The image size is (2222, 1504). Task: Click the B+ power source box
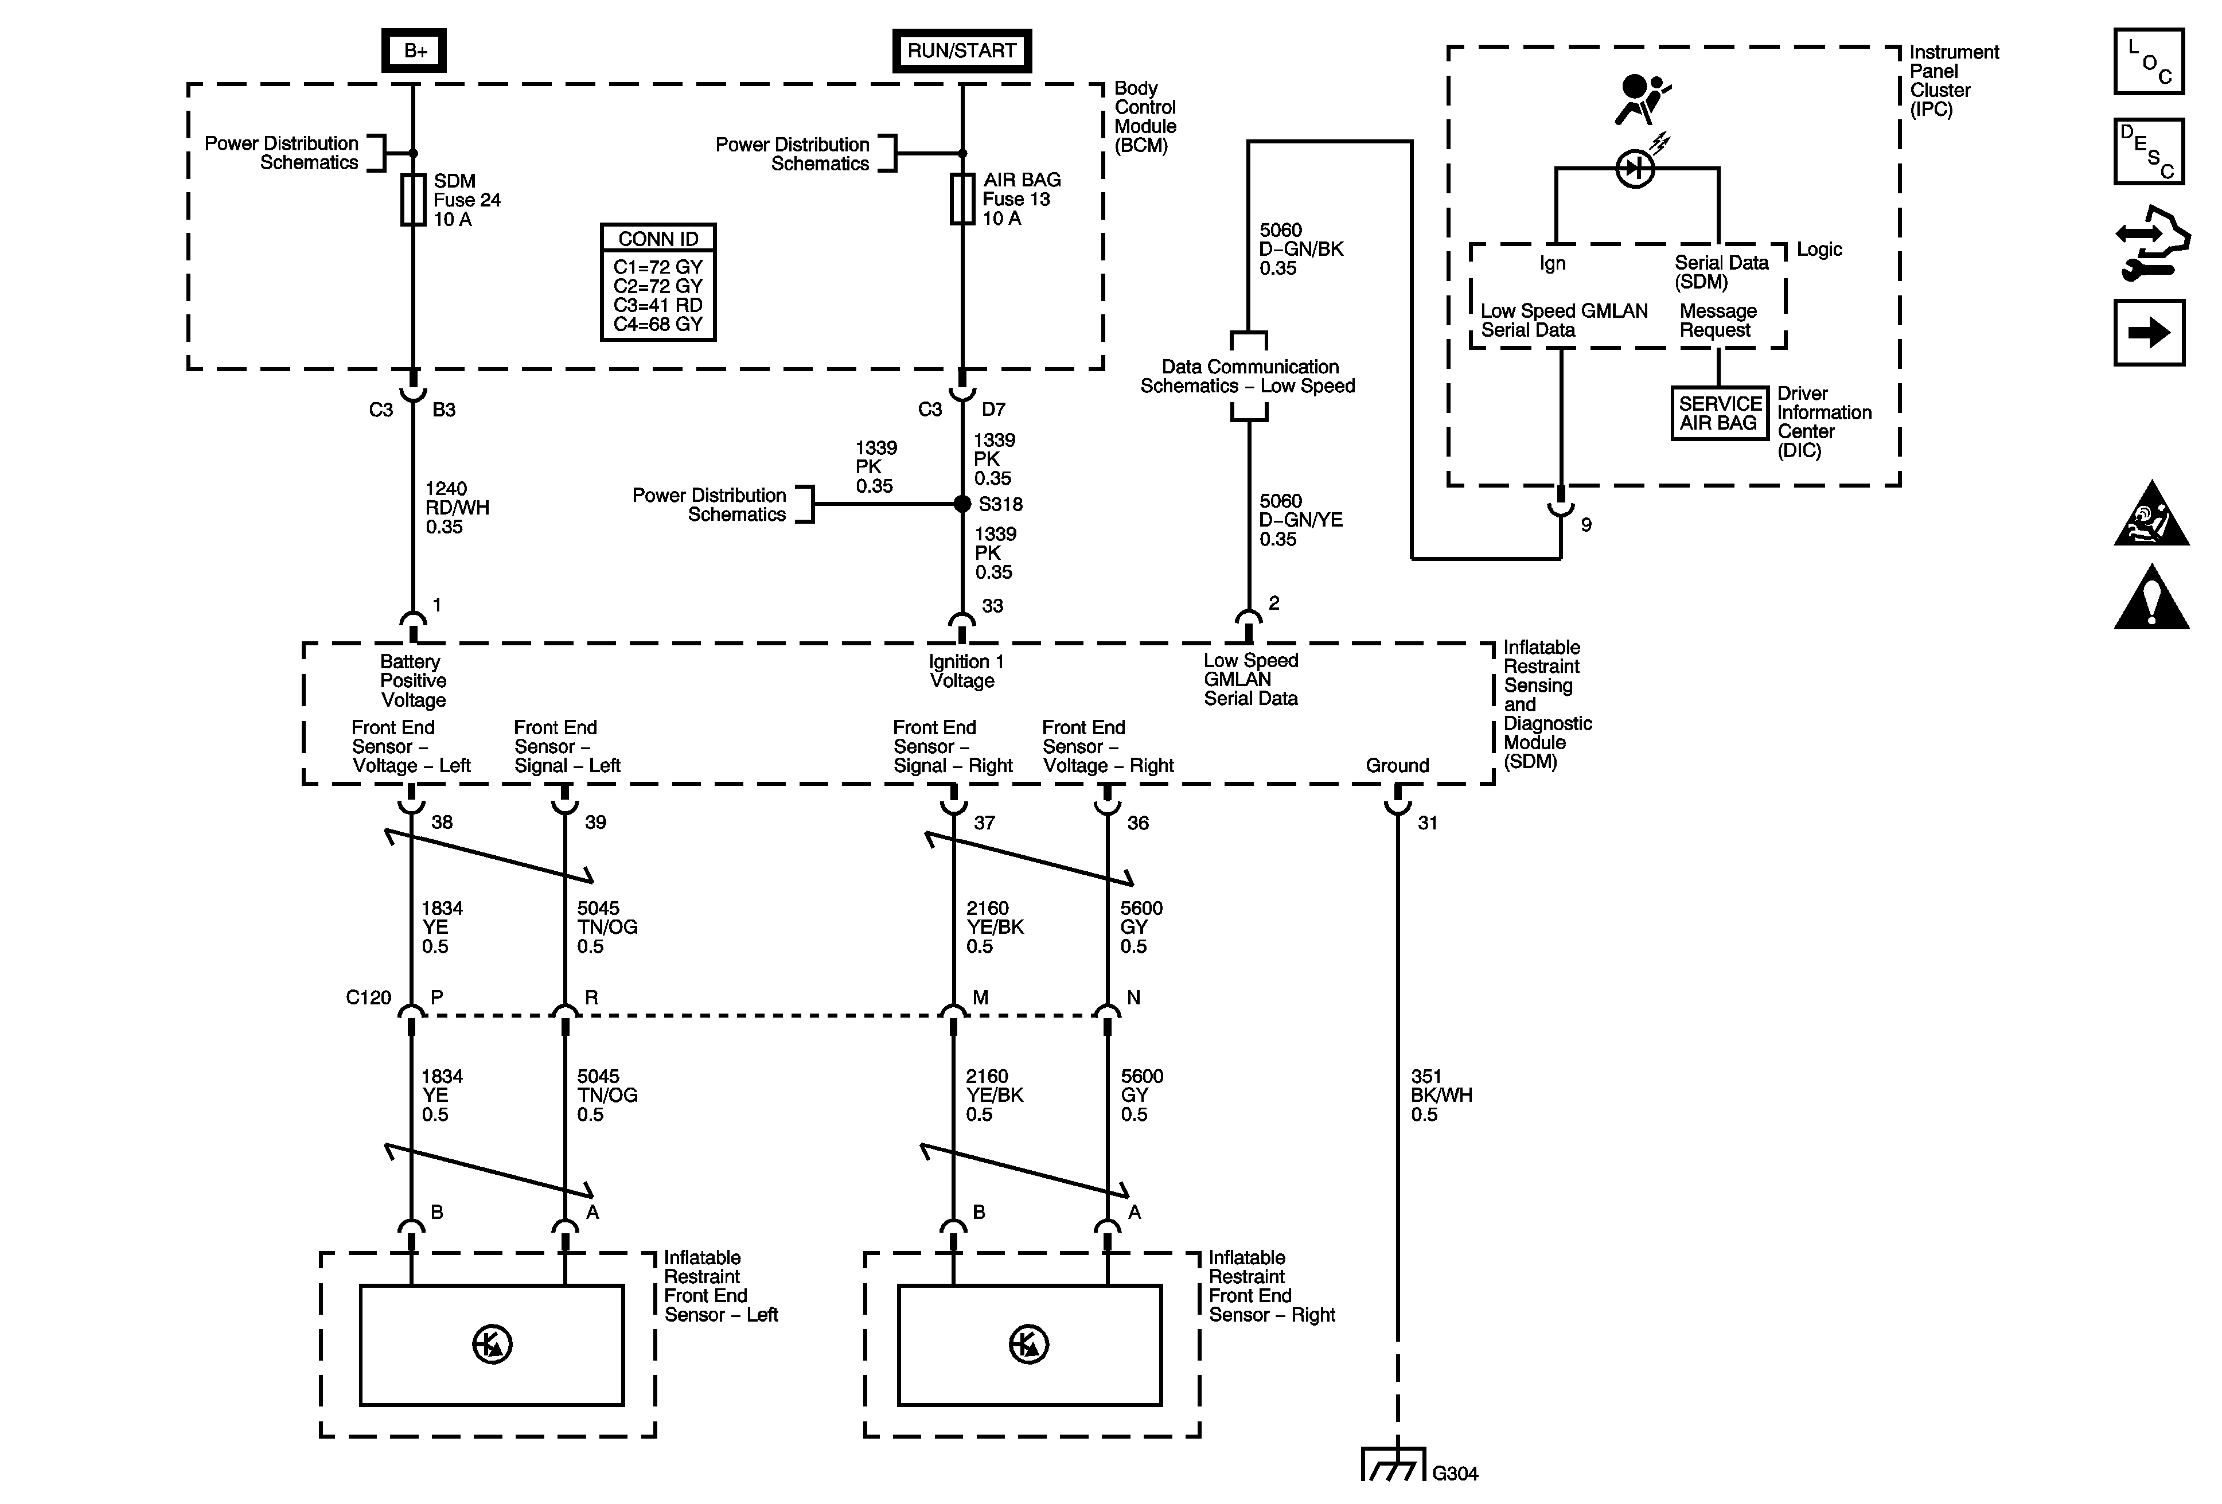pos(414,50)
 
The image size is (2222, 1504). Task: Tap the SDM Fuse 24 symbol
pos(413,200)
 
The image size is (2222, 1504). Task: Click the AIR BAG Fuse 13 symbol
pos(962,199)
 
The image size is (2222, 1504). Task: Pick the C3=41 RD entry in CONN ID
pos(658,305)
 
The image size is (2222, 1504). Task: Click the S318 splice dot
pos(962,504)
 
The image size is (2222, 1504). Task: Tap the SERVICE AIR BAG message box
pos(1719,413)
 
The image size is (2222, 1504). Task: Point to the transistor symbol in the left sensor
pos(492,1345)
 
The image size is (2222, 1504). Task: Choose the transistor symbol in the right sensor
pos(1029,1345)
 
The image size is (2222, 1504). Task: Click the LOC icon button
pos(2149,62)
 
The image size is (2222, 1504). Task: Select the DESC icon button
pos(2149,151)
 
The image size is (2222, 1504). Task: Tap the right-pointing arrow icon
pos(2149,333)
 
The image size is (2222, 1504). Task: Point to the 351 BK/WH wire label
pos(1441,1095)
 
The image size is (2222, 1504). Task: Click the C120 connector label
pos(368,998)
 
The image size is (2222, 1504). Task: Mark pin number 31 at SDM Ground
pos(1426,823)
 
